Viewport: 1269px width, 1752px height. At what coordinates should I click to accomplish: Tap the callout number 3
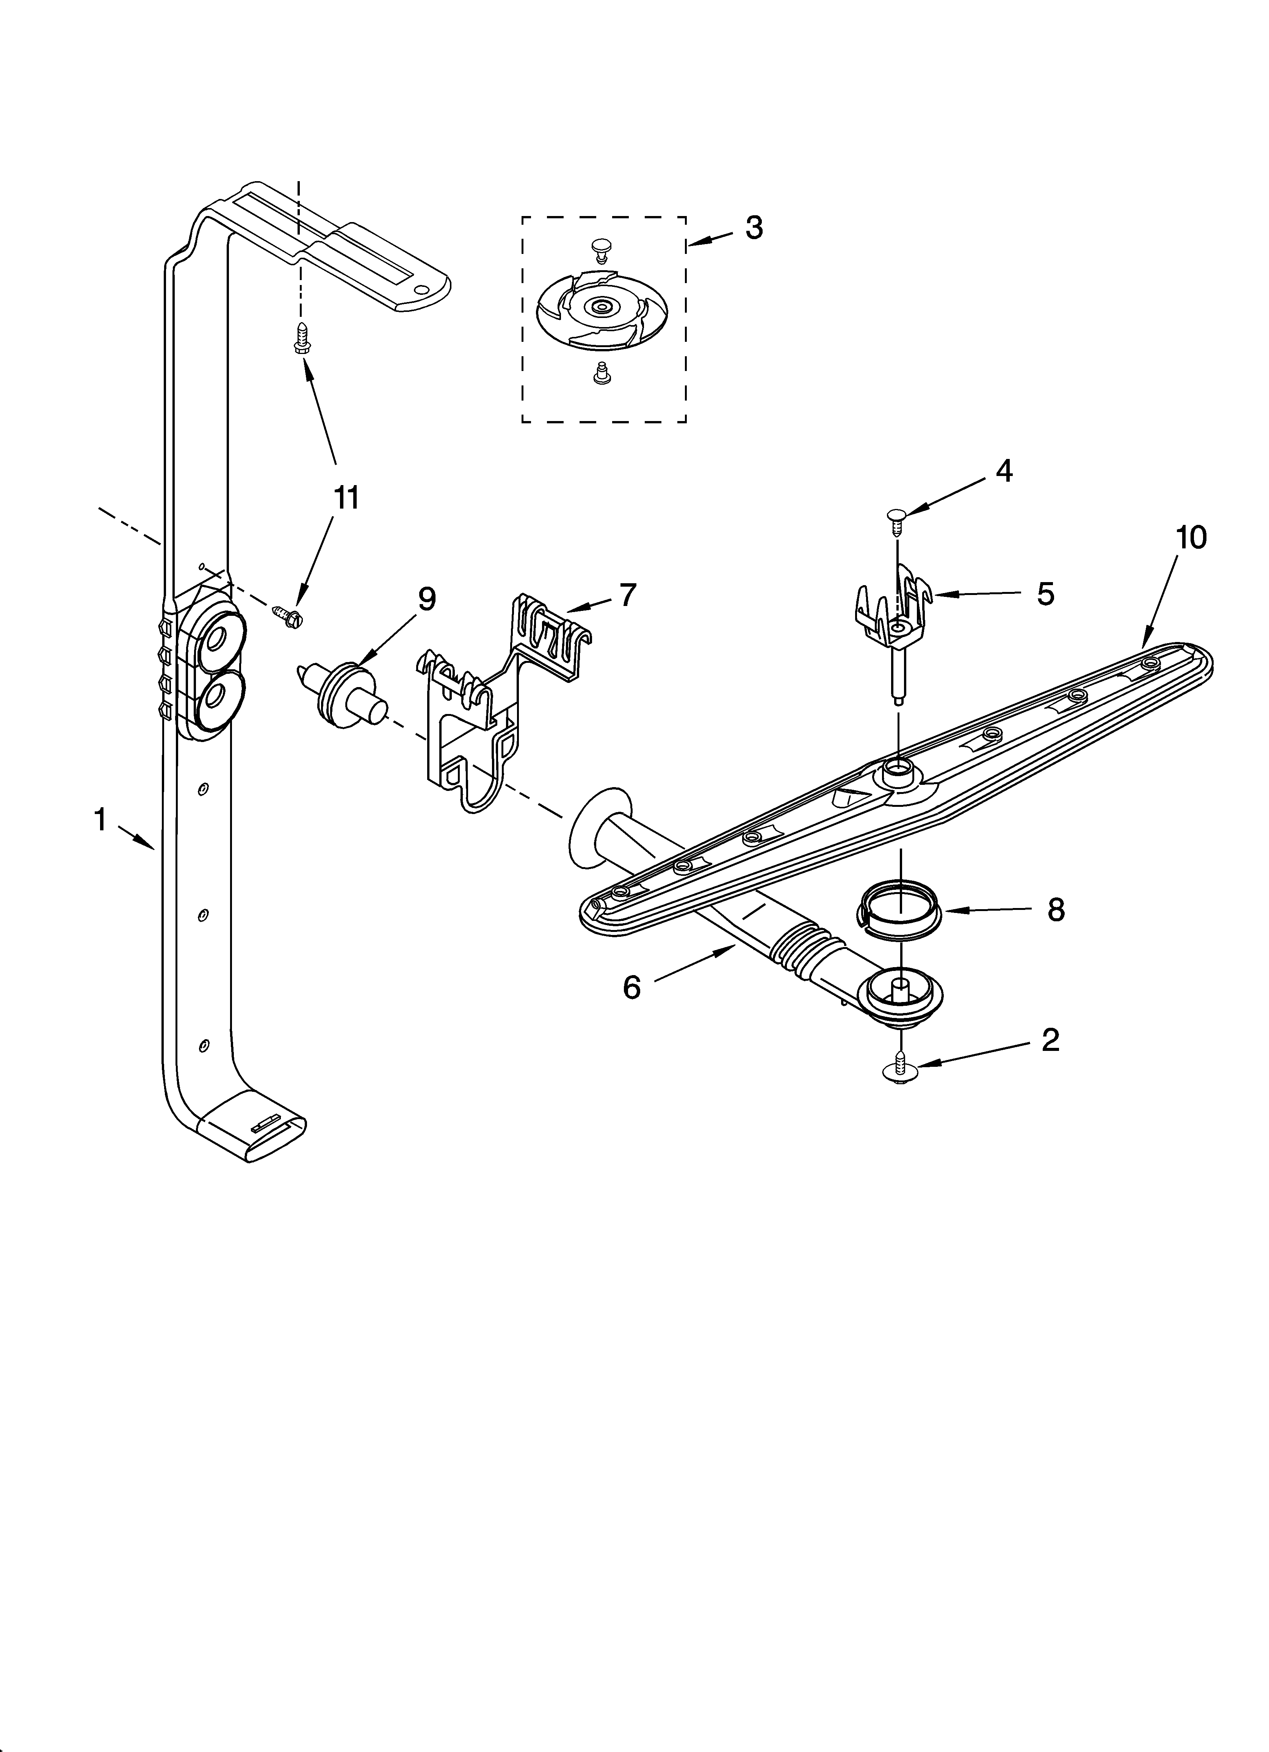[754, 227]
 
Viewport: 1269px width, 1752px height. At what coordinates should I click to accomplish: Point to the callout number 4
[1003, 470]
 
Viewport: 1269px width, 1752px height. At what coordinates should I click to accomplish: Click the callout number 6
[632, 987]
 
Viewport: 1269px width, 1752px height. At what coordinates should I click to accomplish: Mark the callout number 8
[1056, 910]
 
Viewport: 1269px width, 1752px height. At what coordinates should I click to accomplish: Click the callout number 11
[346, 498]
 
